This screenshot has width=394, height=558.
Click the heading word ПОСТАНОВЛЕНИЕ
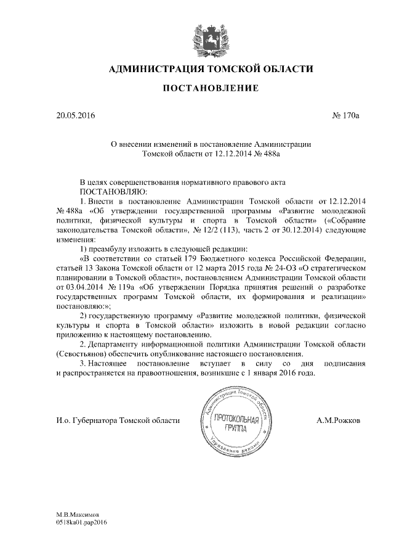209,89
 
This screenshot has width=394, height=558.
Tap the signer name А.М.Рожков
339,421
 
